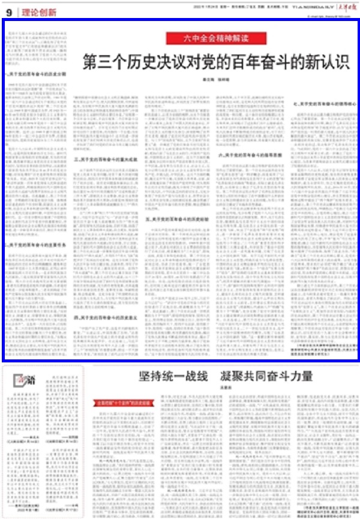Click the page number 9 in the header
[x=10, y=12]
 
